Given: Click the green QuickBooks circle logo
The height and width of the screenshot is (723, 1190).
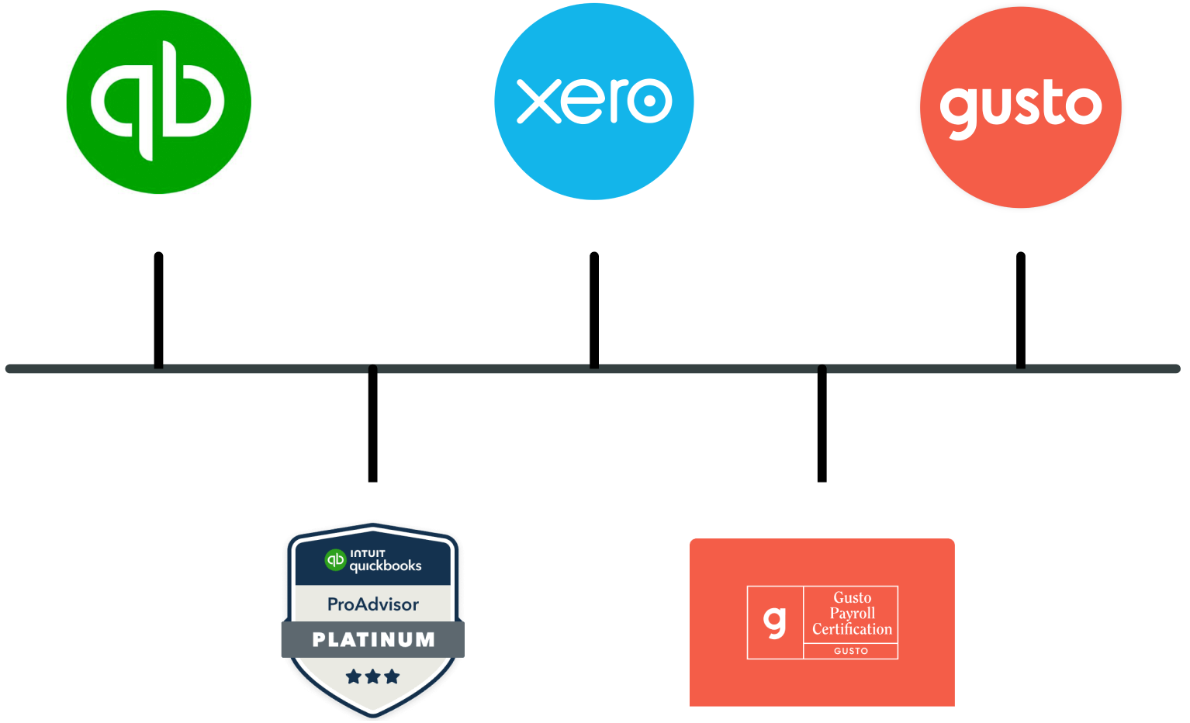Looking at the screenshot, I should [159, 102].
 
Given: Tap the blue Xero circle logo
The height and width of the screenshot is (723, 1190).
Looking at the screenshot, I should [594, 102].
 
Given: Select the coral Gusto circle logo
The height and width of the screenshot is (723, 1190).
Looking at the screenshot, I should [1021, 107].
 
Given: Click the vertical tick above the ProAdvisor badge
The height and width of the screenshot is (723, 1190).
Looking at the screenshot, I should [373, 425].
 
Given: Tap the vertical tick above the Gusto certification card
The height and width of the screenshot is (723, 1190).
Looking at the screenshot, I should [822, 425].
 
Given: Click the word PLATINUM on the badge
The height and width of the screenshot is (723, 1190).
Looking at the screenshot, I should [373, 640].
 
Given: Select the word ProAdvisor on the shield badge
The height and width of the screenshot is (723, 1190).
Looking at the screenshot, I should [373, 604].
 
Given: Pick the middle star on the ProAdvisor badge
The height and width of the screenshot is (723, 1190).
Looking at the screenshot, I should [373, 676].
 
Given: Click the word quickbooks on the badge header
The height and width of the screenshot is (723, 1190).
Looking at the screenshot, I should [386, 566].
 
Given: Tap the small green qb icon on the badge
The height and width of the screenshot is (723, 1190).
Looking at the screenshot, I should [335, 559].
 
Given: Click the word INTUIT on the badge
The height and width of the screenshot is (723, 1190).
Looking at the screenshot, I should [368, 553].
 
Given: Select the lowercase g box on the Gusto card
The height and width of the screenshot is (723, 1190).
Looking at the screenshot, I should [775, 622].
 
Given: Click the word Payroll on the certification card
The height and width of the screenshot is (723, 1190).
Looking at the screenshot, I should [852, 613].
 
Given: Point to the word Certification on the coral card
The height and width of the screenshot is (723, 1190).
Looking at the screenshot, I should [852, 629].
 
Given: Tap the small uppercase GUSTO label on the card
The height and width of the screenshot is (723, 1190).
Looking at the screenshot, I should [851, 651].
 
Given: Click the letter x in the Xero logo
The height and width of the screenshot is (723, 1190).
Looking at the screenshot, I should [539, 101].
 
